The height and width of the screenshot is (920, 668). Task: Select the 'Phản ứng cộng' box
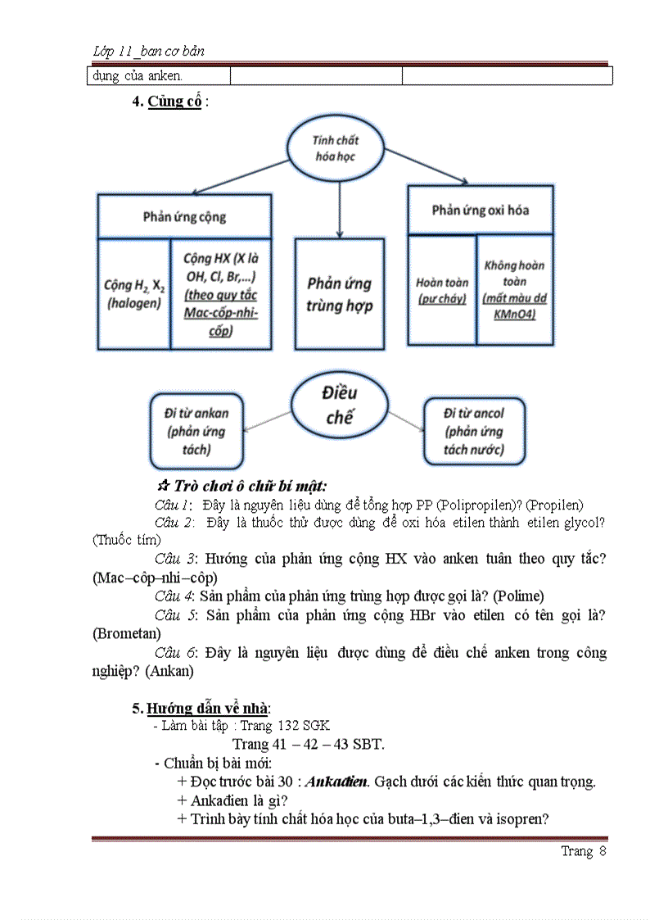(x=184, y=217)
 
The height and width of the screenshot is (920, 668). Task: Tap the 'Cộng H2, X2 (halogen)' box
(x=133, y=293)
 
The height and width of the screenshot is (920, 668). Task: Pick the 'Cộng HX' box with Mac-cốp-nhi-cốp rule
(x=220, y=293)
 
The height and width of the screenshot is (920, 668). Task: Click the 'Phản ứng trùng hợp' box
(x=340, y=294)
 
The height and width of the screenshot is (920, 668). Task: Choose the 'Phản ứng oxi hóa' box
(x=481, y=210)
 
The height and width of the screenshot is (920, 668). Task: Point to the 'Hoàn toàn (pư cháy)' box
(x=442, y=290)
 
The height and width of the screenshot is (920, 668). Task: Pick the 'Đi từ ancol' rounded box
(x=474, y=431)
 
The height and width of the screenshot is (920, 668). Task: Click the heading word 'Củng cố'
(x=174, y=102)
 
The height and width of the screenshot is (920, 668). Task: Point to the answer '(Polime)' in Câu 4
(x=519, y=596)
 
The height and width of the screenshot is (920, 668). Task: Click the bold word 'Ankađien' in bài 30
(x=336, y=781)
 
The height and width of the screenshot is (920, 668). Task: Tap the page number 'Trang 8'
(x=583, y=851)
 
